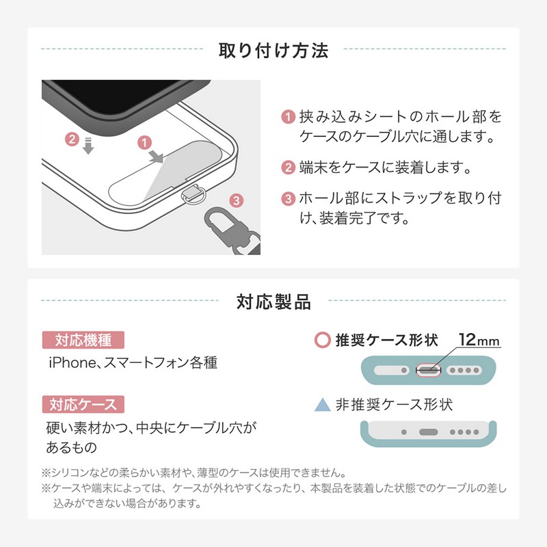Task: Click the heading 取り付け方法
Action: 273,51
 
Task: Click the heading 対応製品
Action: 273,302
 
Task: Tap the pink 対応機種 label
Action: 83,340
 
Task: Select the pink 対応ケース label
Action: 83,404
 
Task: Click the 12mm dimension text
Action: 479,339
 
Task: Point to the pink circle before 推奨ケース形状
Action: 322,340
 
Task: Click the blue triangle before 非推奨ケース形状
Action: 322,404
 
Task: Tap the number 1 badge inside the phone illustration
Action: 144,143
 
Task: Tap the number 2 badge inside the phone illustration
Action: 72,139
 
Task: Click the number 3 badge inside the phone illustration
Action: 237,200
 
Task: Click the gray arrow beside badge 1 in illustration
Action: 157,157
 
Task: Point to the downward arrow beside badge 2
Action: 88,146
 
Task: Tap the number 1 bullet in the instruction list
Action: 288,116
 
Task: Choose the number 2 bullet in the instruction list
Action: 288,168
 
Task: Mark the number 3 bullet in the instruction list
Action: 288,198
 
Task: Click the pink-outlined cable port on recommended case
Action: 429,370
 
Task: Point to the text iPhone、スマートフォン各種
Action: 133,363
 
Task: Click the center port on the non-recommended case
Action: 429,432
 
